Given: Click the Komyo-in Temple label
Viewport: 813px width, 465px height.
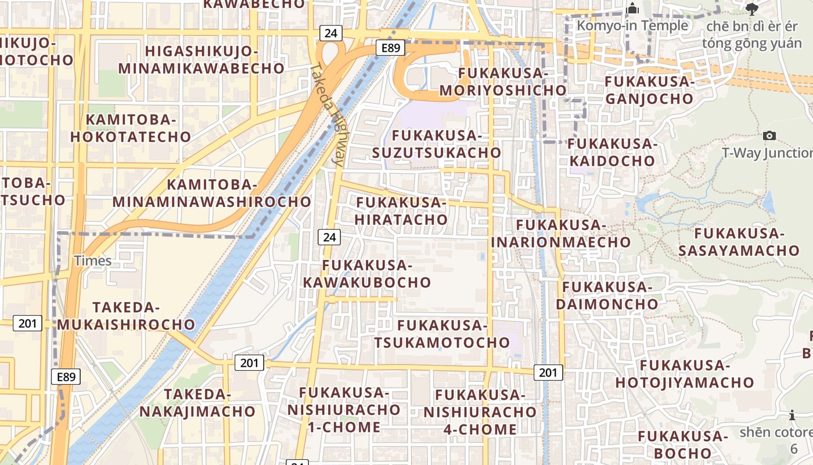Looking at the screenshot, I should pos(632,26).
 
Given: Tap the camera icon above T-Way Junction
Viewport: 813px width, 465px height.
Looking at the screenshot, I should pos(769,135).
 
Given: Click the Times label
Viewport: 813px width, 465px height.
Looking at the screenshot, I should pos(93,260).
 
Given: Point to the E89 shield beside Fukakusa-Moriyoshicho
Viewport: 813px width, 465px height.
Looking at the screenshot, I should pos(390,48).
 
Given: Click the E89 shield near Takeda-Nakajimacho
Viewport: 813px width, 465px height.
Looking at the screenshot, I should pos(66,377).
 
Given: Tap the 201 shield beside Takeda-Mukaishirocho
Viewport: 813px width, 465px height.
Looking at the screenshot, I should pos(27,323).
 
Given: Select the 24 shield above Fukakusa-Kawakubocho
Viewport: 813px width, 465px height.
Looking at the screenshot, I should pos(329,237).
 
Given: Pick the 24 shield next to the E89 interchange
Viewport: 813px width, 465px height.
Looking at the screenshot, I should pos(330,33).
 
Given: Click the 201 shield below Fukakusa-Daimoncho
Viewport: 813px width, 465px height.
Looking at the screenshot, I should pos(548,372).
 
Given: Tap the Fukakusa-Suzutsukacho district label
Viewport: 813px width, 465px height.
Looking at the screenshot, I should pos(437,144).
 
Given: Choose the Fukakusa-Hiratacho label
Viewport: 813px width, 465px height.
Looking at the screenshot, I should pos(401,211).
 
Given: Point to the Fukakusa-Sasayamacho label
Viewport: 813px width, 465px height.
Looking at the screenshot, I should pos(739,242).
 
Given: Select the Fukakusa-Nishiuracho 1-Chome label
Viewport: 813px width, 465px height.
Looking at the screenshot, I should pos(344,410).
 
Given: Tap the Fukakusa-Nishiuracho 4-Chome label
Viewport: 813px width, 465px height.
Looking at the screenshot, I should pos(480,412).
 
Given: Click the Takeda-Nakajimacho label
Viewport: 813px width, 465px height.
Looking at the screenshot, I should pos(197,403).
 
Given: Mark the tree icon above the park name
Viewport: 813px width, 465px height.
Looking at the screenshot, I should pos(752,9).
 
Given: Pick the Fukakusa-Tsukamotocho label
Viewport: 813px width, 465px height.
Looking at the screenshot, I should pos(441,334).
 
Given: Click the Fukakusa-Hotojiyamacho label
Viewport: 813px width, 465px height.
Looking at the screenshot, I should pos(685,374).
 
